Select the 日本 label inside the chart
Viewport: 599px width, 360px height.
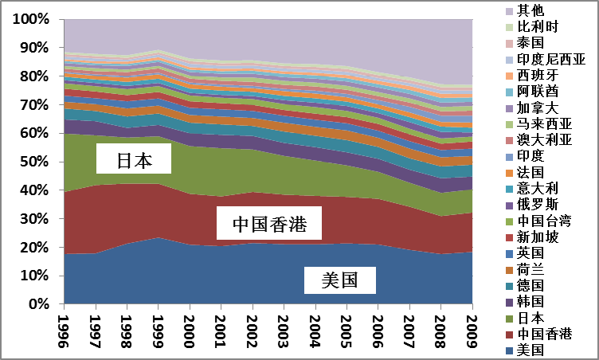134,161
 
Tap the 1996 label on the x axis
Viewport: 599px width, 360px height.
65,329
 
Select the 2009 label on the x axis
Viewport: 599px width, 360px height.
473,329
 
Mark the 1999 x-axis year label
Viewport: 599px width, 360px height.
159,329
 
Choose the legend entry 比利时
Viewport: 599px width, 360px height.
539,27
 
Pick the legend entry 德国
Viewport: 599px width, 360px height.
532,285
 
